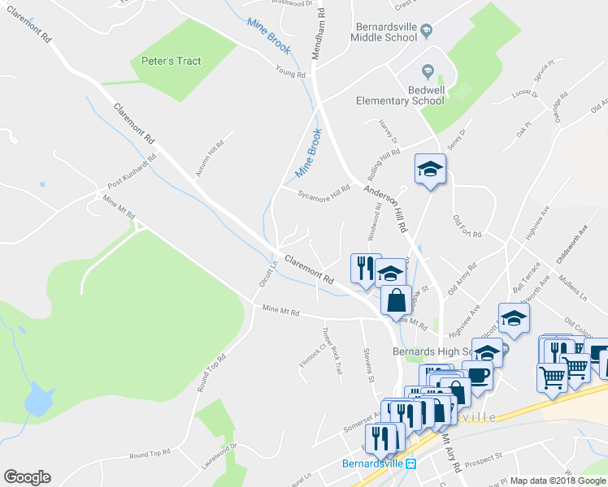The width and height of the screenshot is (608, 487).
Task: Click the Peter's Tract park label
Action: point(171,61)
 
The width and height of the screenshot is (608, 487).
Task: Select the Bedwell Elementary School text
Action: point(400,95)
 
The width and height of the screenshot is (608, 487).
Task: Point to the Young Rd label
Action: point(290,74)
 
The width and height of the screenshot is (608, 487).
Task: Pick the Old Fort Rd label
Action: point(467,226)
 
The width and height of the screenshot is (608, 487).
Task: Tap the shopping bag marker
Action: point(396,300)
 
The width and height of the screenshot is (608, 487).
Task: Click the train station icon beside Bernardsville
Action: point(412,465)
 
